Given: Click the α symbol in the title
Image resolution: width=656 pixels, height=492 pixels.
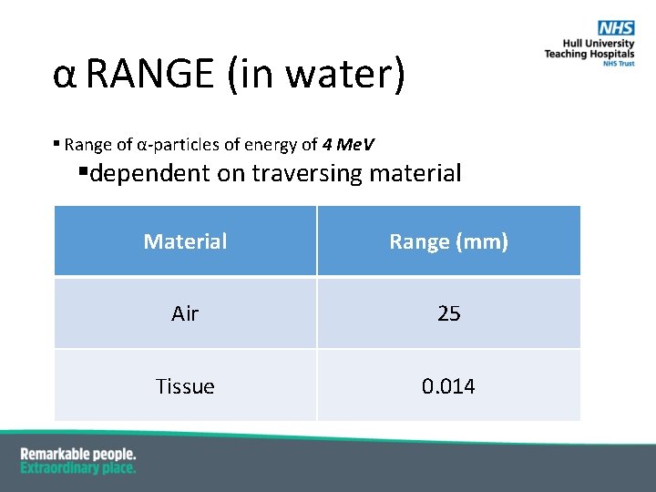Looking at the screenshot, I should coord(64,75).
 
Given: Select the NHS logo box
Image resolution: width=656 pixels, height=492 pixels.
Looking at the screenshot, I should coord(617,29).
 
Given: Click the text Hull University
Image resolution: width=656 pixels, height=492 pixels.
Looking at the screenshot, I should coord(599,44).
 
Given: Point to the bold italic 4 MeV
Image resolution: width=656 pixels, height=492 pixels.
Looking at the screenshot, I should coord(348,144).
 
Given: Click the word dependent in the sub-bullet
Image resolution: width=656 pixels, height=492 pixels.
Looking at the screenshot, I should coord(150,172).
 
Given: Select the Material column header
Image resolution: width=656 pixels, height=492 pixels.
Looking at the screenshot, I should coord(185,241).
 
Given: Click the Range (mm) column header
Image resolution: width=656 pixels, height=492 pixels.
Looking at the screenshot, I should coord(448,241).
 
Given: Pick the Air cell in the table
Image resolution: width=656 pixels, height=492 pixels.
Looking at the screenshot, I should coord(185,313).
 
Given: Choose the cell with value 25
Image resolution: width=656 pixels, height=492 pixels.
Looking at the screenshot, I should coord(448,313).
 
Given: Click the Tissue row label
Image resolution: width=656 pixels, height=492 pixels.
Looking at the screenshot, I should coord(185,386).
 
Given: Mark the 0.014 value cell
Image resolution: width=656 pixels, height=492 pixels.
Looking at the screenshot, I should coord(448,386).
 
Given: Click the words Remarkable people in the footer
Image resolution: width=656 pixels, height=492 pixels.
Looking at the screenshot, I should coord(78,454).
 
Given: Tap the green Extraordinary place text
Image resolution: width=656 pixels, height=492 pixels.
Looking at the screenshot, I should coord(78,467).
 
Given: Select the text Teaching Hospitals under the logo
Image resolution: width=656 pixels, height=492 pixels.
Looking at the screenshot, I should coord(589,55).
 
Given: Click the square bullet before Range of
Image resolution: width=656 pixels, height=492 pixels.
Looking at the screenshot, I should coord(56,142).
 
